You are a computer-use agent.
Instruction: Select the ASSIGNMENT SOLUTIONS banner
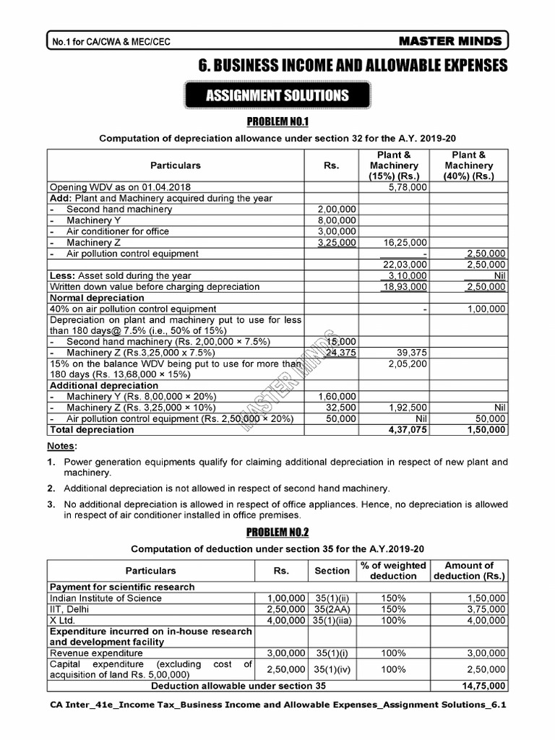pos(277,95)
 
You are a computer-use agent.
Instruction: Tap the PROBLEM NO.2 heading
pos(277,533)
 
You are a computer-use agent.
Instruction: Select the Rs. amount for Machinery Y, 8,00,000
pos(337,220)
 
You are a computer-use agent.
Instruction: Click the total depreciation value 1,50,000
pos(486,429)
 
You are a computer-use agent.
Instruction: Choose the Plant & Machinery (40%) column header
pos(468,165)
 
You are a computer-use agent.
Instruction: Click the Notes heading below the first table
pos(62,446)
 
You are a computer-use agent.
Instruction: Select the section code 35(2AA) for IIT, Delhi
pos(332,609)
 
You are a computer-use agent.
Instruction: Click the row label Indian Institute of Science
pos(106,598)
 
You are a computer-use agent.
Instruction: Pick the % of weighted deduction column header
pos(393,570)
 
